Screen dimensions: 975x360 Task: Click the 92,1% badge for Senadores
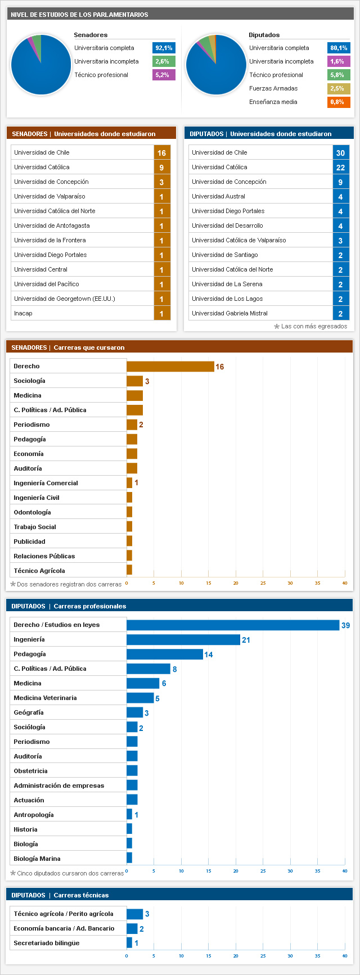(x=164, y=48)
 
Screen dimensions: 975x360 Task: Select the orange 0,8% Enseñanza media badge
(x=339, y=102)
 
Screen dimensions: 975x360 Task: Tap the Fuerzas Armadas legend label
(x=273, y=88)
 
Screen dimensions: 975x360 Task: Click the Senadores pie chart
(x=41, y=65)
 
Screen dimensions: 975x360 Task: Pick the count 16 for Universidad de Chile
(x=162, y=153)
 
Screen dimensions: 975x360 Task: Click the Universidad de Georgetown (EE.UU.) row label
(x=65, y=299)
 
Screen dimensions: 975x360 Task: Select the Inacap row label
(x=24, y=313)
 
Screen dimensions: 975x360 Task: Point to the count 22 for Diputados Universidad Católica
(x=340, y=168)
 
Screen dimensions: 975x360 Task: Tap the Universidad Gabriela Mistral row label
(x=229, y=313)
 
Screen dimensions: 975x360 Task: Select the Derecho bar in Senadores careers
(x=170, y=366)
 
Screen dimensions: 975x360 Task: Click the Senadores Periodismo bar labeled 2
(x=132, y=425)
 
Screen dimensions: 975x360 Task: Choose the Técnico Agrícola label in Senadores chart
(x=39, y=571)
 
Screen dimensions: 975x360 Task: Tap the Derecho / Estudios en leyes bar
(x=233, y=625)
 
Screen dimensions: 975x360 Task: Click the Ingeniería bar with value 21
(x=183, y=639)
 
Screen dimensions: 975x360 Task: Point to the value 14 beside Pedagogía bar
(x=209, y=654)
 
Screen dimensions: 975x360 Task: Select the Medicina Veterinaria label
(x=45, y=698)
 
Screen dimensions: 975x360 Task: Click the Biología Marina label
(x=37, y=859)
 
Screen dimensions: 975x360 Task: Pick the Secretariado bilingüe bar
(x=129, y=943)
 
